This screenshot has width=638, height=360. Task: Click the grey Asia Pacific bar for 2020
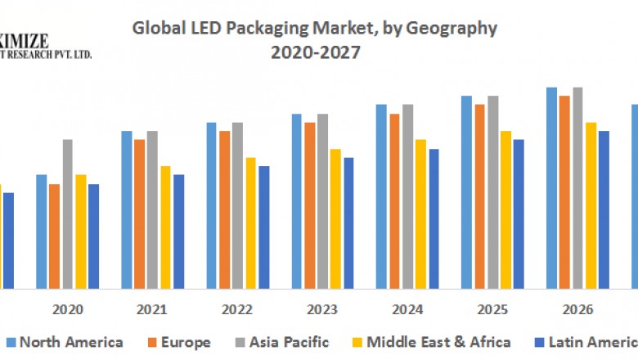point(67,214)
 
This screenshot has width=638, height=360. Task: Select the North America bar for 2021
point(127,209)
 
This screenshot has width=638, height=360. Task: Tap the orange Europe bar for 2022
point(224,209)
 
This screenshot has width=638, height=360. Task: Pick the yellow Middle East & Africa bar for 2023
point(335,218)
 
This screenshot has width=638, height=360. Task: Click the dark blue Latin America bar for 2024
point(434,218)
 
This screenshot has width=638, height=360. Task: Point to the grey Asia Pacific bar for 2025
point(493,191)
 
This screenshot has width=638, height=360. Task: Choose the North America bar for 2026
point(551,187)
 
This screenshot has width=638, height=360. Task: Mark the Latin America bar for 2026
point(604,209)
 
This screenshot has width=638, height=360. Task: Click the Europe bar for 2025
point(480,196)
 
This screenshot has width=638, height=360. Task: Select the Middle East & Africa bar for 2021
point(165,227)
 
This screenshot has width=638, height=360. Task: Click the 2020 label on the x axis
point(67,310)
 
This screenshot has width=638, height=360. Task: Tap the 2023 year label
point(322,310)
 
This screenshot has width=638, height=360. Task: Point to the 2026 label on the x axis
point(577,310)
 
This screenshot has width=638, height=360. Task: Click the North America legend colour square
point(11,342)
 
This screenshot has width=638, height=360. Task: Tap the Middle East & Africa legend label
point(438,342)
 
